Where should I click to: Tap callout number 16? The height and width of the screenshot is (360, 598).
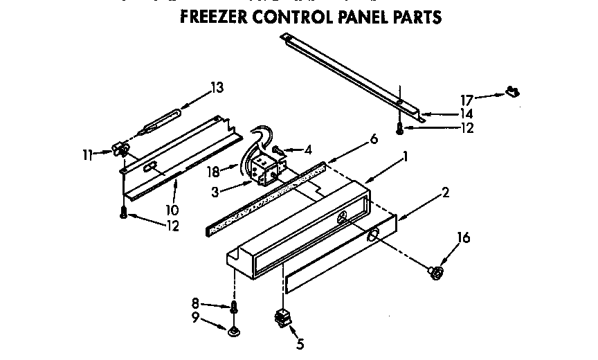pyautogui.click(x=463, y=238)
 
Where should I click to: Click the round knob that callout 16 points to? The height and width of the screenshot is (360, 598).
pyautogui.click(x=436, y=273)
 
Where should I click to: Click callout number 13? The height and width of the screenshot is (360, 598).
pyautogui.click(x=217, y=87)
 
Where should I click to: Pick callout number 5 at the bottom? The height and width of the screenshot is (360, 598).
pyautogui.click(x=300, y=343)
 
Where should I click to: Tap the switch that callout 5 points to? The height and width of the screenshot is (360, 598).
pyautogui.click(x=282, y=318)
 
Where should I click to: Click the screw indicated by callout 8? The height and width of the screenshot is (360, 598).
pyautogui.click(x=234, y=307)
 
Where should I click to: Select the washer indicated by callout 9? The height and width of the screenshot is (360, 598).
pyautogui.click(x=234, y=331)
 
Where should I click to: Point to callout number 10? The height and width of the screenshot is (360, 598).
pyautogui.click(x=172, y=209)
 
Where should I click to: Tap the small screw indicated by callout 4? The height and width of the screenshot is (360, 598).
pyautogui.click(x=275, y=149)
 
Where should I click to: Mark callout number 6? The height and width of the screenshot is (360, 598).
pyautogui.click(x=374, y=138)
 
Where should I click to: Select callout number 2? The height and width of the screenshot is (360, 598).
pyautogui.click(x=445, y=192)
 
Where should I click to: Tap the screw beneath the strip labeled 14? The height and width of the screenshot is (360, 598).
pyautogui.click(x=400, y=127)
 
